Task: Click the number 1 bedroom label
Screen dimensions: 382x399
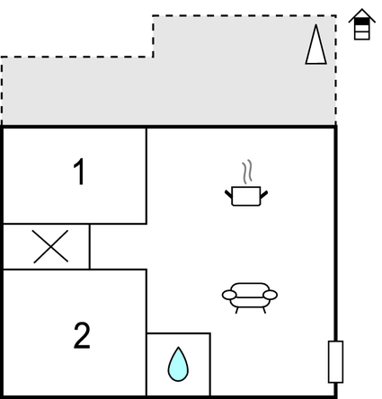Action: (79, 172)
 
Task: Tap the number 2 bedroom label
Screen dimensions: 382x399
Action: (82, 335)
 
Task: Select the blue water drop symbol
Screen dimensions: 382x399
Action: (178, 364)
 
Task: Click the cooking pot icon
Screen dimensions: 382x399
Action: (246, 183)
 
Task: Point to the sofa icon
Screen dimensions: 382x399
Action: (250, 298)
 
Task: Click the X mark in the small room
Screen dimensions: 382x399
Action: (50, 246)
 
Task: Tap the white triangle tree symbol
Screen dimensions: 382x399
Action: (316, 44)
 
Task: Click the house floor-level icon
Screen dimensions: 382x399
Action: (362, 24)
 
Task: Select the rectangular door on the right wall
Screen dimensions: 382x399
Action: (335, 361)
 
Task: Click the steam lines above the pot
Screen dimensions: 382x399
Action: (247, 172)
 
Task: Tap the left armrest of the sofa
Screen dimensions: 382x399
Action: (229, 295)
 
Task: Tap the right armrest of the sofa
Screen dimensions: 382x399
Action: (271, 295)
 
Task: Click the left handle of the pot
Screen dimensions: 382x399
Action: (228, 194)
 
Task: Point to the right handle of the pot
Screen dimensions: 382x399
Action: (264, 194)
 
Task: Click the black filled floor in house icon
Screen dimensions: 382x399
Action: (362, 22)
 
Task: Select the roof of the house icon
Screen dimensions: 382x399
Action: (362, 14)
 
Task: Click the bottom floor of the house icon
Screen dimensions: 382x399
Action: (362, 36)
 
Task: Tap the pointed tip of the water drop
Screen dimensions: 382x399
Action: (179, 347)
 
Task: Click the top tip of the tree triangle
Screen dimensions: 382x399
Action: (316, 25)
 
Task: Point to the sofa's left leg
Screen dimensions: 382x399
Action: (236, 311)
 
